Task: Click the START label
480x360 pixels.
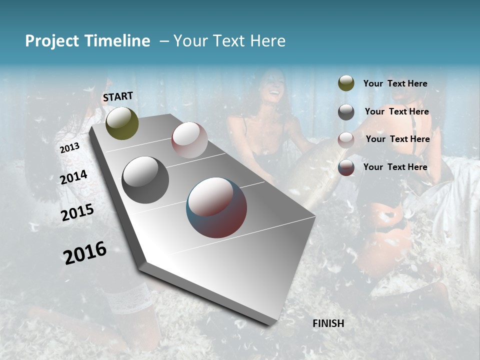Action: click(118, 96)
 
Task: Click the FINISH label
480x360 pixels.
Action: click(328, 323)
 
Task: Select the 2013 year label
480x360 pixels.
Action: click(69, 148)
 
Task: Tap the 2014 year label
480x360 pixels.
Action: click(74, 177)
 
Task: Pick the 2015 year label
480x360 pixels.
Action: click(77, 212)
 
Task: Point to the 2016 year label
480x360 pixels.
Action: click(85, 253)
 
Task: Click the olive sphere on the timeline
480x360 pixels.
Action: click(122, 123)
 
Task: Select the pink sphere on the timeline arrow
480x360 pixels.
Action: click(189, 140)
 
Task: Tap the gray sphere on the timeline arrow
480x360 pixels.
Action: click(145, 180)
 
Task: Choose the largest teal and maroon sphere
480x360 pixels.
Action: click(216, 207)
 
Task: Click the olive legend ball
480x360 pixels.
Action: click(346, 83)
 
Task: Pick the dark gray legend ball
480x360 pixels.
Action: click(346, 112)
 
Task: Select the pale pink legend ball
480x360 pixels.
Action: click(346, 139)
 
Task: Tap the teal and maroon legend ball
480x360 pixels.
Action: click(346, 167)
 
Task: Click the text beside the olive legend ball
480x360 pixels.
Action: click(395, 84)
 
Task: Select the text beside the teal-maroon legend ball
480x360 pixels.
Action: click(395, 167)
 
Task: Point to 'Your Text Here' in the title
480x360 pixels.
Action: click(229, 41)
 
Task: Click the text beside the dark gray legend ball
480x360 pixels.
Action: click(396, 111)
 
